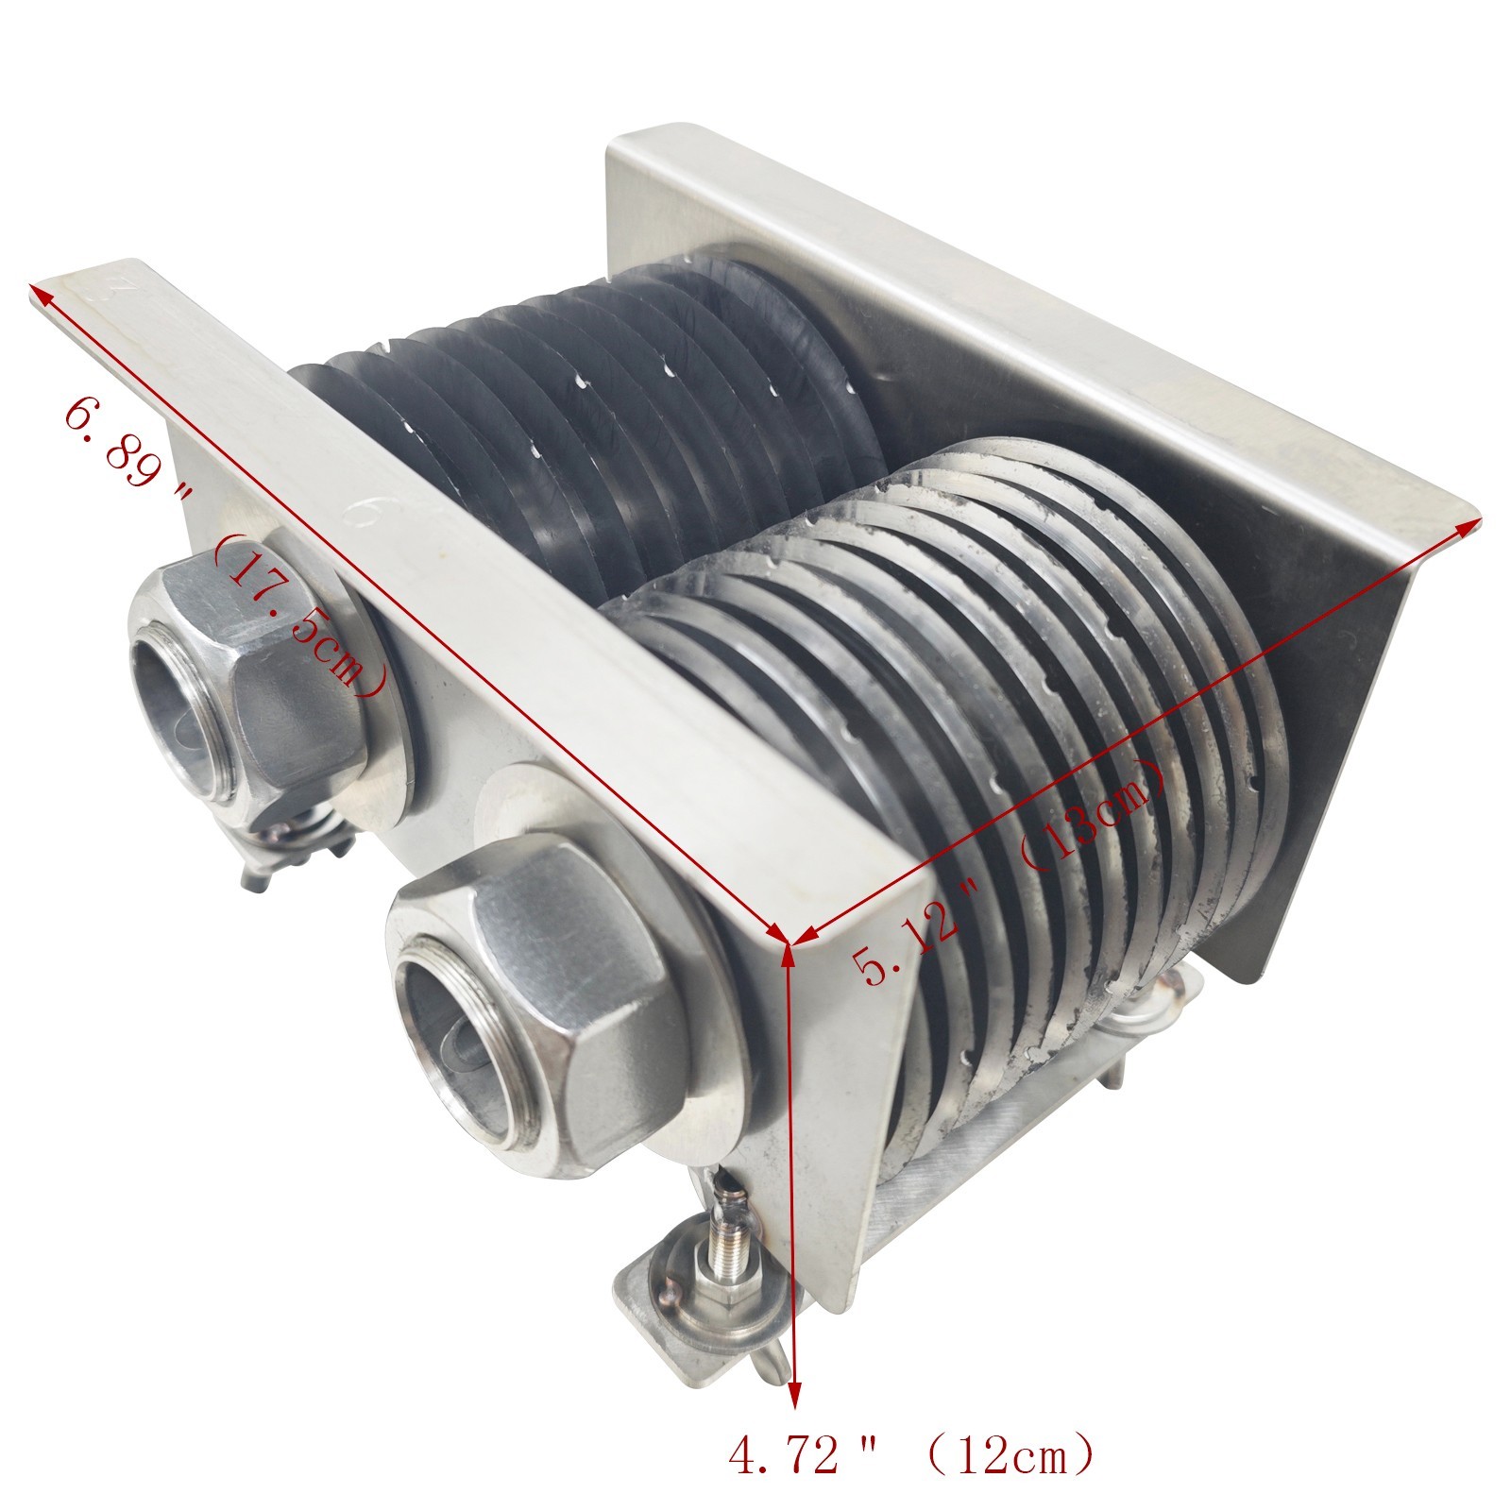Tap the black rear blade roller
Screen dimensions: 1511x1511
pyautogui.click(x=604, y=416)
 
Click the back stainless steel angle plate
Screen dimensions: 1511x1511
pyautogui.click(x=992, y=312)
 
